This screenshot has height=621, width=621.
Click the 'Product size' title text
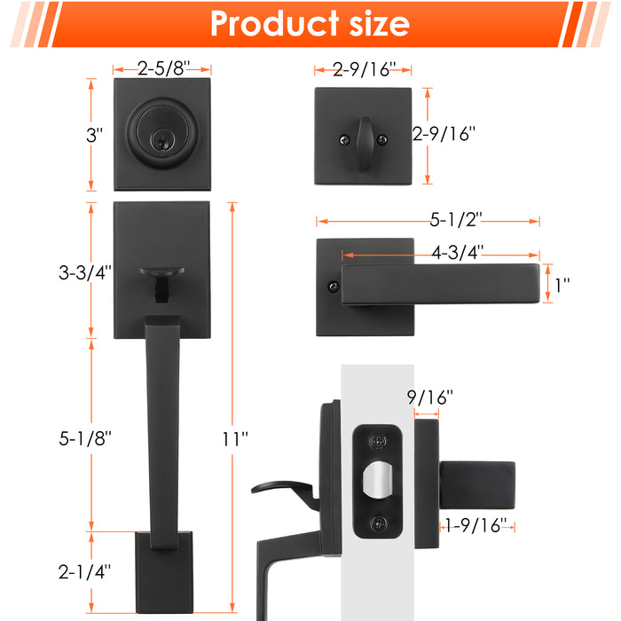click(x=310, y=24)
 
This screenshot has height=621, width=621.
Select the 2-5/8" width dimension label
click(x=163, y=68)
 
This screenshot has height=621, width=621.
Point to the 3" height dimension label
click(x=94, y=135)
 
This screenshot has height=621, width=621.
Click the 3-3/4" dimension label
click(x=85, y=272)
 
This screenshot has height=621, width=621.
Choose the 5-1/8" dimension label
click(x=85, y=438)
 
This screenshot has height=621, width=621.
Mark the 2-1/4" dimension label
click(x=84, y=572)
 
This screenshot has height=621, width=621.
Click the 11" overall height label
click(x=234, y=439)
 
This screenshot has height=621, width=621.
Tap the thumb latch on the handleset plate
click(x=161, y=282)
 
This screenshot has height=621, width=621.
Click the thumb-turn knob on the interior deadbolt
click(x=365, y=144)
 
